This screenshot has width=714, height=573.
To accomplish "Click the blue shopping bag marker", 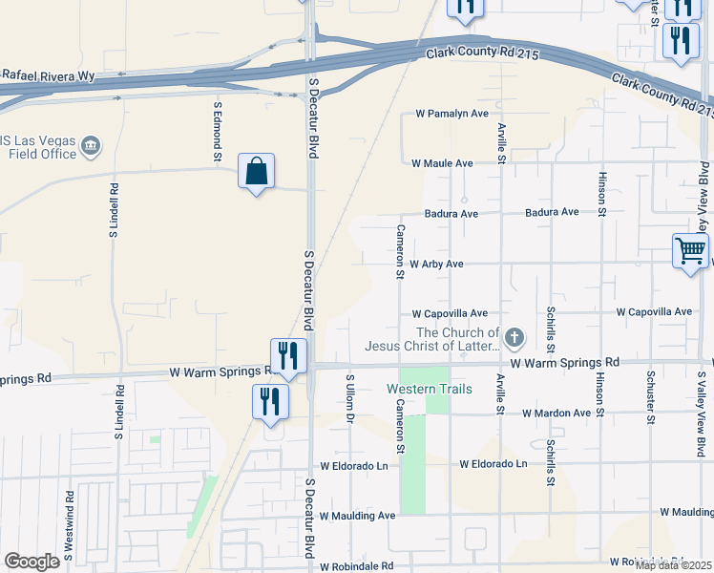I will tap(256, 172).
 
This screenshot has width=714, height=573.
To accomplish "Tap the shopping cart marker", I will tap(690, 252).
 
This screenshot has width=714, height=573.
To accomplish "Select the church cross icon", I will tap(514, 336).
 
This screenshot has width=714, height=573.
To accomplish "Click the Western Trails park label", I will tap(429, 389).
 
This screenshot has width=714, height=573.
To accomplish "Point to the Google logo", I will tap(31, 562).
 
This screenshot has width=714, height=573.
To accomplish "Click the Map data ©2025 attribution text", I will tap(674, 565).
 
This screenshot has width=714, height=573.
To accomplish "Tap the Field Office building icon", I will tap(92, 146).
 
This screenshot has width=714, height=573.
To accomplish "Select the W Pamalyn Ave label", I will tap(451, 114).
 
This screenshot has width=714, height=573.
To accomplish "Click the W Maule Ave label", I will tap(442, 163).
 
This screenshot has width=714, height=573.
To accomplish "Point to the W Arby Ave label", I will tap(436, 264).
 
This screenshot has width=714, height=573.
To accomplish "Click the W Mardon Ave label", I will tap(556, 414).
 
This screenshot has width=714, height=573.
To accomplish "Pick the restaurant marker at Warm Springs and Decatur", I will tap(287, 355).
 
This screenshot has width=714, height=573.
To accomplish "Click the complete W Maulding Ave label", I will tap(357, 516).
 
